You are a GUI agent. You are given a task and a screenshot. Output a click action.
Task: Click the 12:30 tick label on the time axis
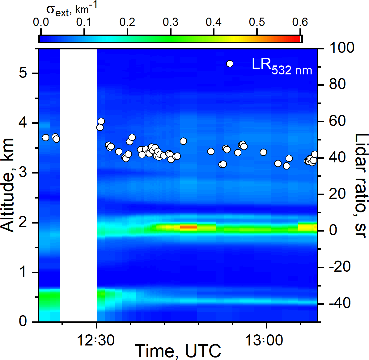pyautogui.click(x=95, y=341)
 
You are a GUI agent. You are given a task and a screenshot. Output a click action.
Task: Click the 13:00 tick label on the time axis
pyautogui.click(x=264, y=341)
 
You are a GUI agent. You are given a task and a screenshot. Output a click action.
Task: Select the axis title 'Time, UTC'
pyautogui.click(x=178, y=351)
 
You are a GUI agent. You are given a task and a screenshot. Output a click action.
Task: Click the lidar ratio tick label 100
pyautogui.click(x=341, y=48)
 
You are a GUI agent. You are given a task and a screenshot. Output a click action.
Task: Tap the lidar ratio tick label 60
pyautogui.click(x=337, y=121)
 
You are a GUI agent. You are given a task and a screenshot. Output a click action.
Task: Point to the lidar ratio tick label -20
pyautogui.click(x=339, y=266)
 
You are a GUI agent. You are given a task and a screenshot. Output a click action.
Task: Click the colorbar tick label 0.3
pyautogui.click(x=170, y=22)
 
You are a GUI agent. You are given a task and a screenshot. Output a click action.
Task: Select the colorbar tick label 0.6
pyautogui.click(x=300, y=22)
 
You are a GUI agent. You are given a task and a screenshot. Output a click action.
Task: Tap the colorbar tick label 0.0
pyautogui.click(x=40, y=22)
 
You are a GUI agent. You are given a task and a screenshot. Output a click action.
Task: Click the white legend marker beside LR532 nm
pyautogui.click(x=230, y=64)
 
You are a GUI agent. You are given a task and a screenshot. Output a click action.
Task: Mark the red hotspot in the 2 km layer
pyautogui.click(x=189, y=227)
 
